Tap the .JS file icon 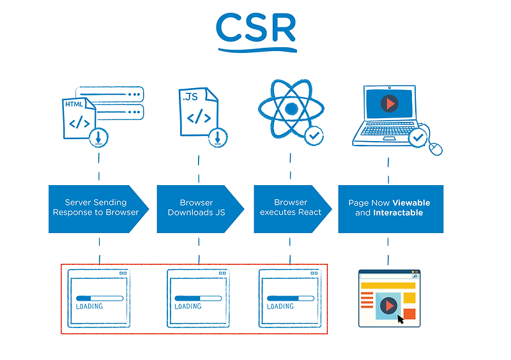[x=197, y=112]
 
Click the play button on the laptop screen [x=388, y=103]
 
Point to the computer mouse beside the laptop [x=436, y=148]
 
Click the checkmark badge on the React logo [x=314, y=135]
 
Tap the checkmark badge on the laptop [x=418, y=137]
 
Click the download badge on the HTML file [x=99, y=136]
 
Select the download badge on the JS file [x=218, y=136]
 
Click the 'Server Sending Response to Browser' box [x=96, y=208]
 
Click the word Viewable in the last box [x=411, y=203]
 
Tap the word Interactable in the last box [x=398, y=213]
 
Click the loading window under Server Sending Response [x=99, y=299]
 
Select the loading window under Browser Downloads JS [x=197, y=299]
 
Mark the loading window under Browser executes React [x=289, y=299]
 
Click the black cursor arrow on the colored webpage [x=400, y=318]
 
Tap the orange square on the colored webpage [x=409, y=313]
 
